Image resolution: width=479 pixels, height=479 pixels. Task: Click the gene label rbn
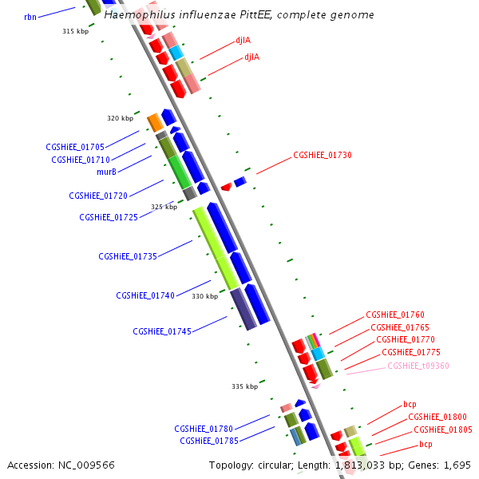30,16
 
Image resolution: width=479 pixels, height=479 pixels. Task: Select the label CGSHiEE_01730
323,155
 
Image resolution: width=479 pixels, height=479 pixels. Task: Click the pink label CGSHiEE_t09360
418,366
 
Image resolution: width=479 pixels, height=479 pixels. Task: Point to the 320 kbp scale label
121,118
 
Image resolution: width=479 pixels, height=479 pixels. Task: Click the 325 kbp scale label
164,207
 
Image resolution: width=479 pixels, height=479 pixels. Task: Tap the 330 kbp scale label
205,296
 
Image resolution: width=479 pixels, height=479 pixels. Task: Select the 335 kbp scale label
245,386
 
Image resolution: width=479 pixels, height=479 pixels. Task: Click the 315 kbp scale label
75,31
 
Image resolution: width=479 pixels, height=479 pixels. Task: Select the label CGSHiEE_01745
162,331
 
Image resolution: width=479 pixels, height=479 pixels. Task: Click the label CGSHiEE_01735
128,256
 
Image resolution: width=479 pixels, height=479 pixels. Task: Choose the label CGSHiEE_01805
443,430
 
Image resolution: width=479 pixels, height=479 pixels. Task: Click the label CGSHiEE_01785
209,441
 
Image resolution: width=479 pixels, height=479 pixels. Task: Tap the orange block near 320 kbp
155,122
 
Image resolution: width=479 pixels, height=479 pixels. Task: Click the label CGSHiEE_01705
75,147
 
